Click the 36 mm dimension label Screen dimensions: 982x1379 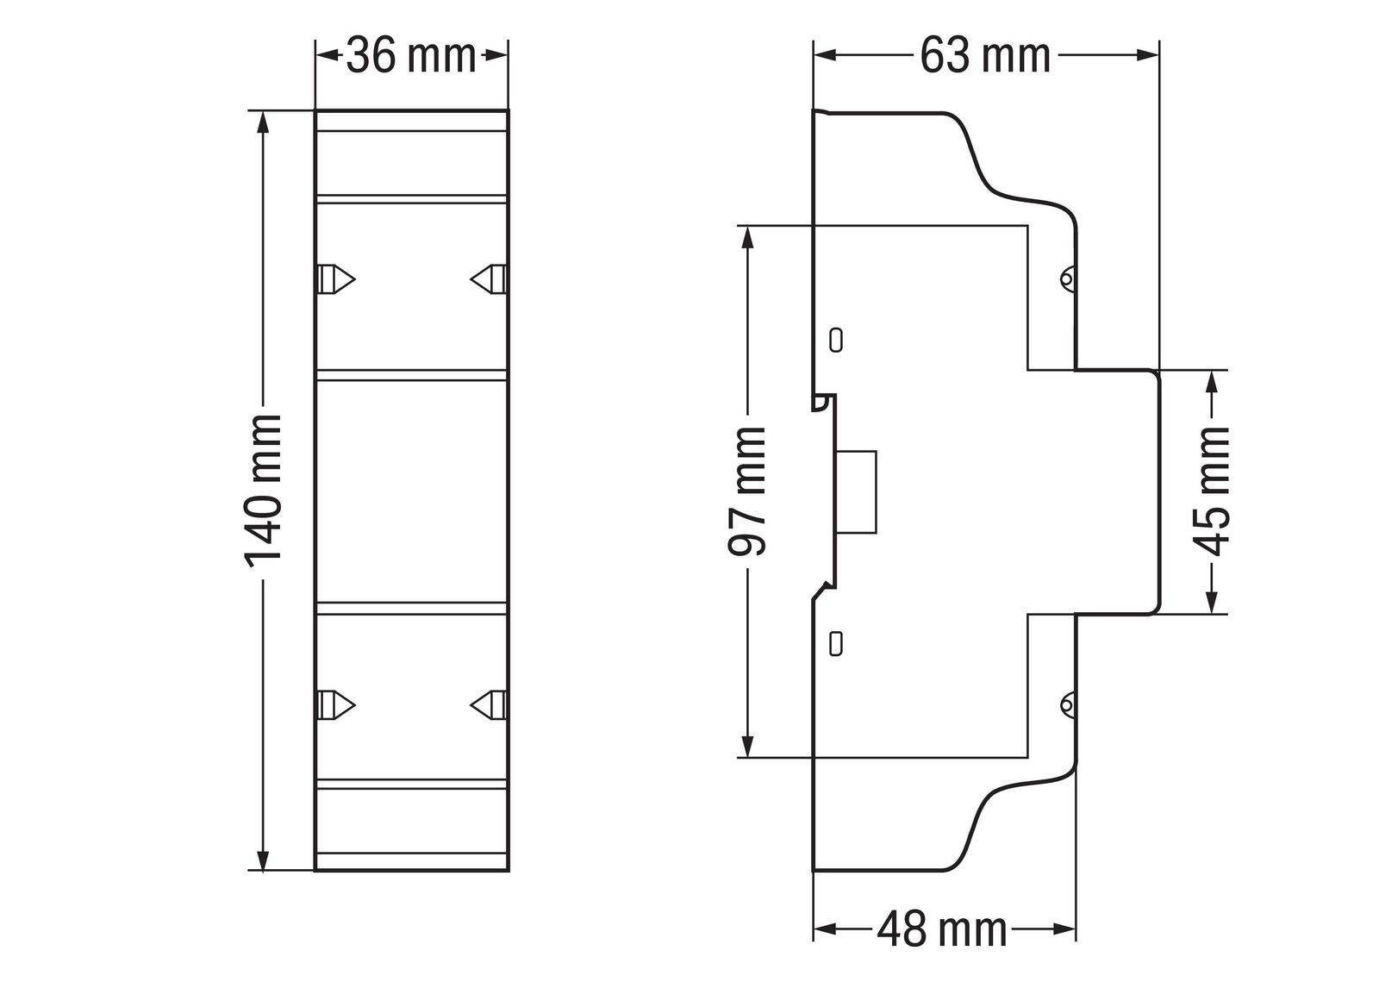411,57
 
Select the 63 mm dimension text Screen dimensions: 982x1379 985,57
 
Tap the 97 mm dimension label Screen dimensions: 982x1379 747,491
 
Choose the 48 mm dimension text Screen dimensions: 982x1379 942,930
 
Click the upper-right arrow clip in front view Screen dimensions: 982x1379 489,279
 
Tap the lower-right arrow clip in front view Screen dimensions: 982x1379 489,704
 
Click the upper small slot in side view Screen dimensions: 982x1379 834,339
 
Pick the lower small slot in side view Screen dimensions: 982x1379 834,643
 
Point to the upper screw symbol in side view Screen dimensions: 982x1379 1066,278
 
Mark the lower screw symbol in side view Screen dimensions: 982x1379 1066,706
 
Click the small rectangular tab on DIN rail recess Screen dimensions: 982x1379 857,492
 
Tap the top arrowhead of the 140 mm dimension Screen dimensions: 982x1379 264,121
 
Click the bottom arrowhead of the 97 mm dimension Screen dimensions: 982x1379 747,747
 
